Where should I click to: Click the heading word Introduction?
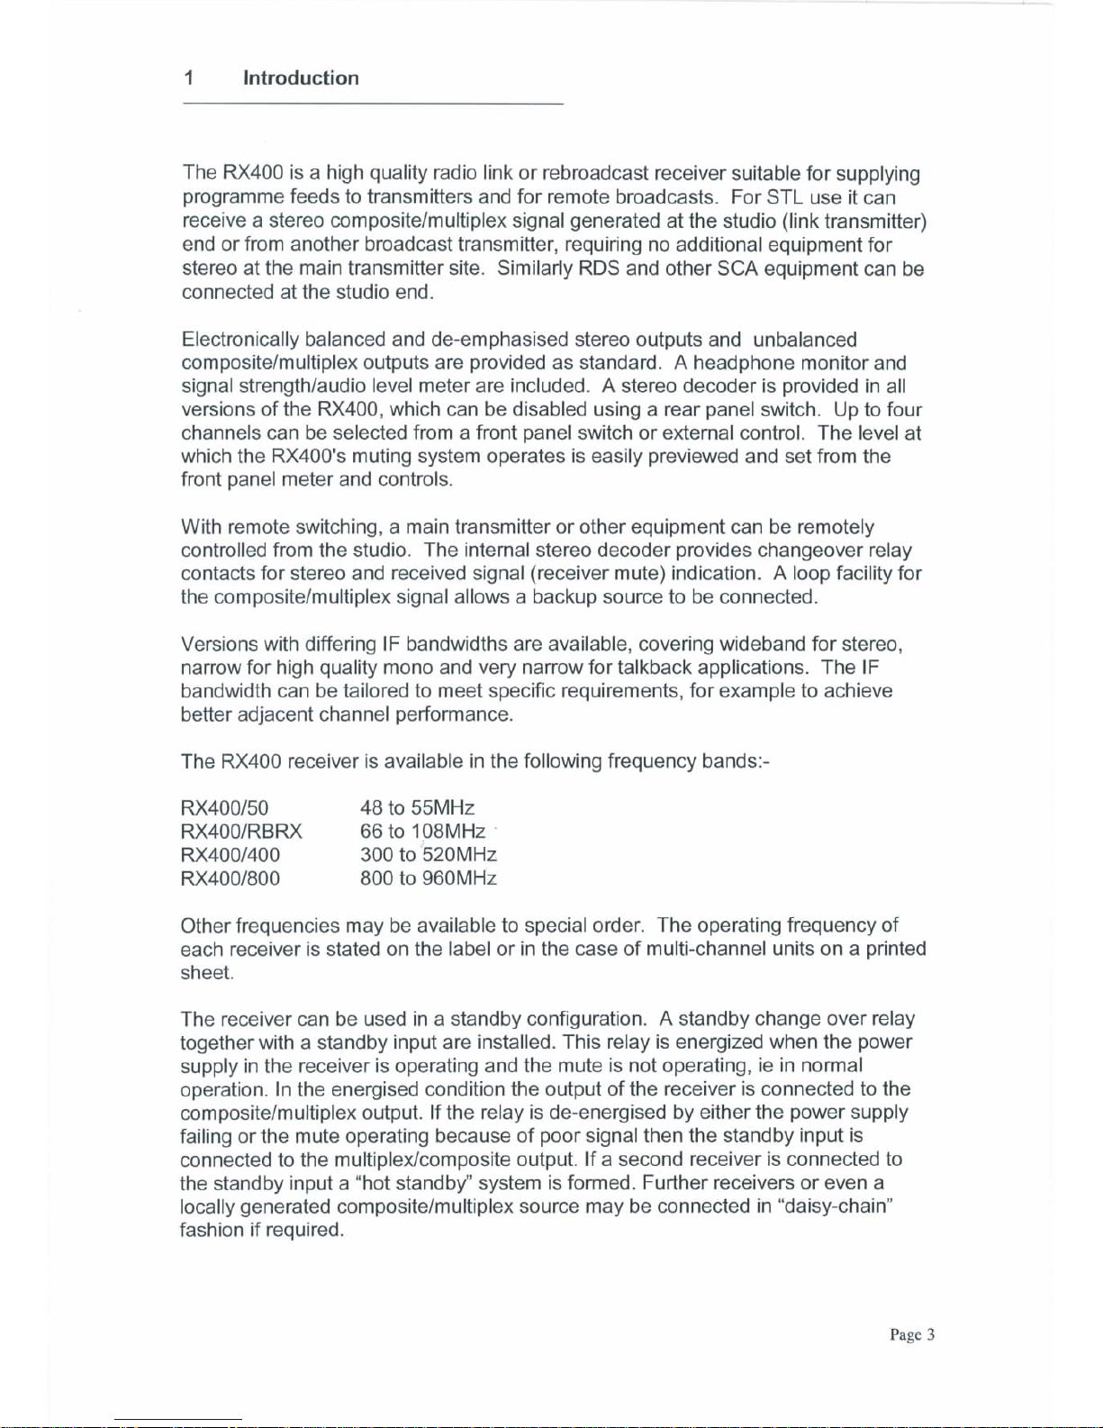coord(301,78)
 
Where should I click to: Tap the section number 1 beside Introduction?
coord(189,78)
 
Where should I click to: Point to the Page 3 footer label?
coord(912,1335)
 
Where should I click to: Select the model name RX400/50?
coord(225,808)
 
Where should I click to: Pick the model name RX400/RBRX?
coord(241,832)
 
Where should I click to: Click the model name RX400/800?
coord(231,878)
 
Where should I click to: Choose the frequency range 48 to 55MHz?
coord(417,808)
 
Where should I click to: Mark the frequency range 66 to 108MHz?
coord(422,832)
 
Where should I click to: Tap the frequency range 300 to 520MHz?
coord(428,855)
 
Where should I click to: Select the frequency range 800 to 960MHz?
coord(428,878)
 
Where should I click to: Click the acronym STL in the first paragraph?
coord(785,197)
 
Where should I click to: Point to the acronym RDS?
coord(599,268)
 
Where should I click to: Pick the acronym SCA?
coord(737,268)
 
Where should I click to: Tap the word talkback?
coord(655,668)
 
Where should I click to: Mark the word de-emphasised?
coord(500,340)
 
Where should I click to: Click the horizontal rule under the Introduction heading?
coord(373,105)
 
